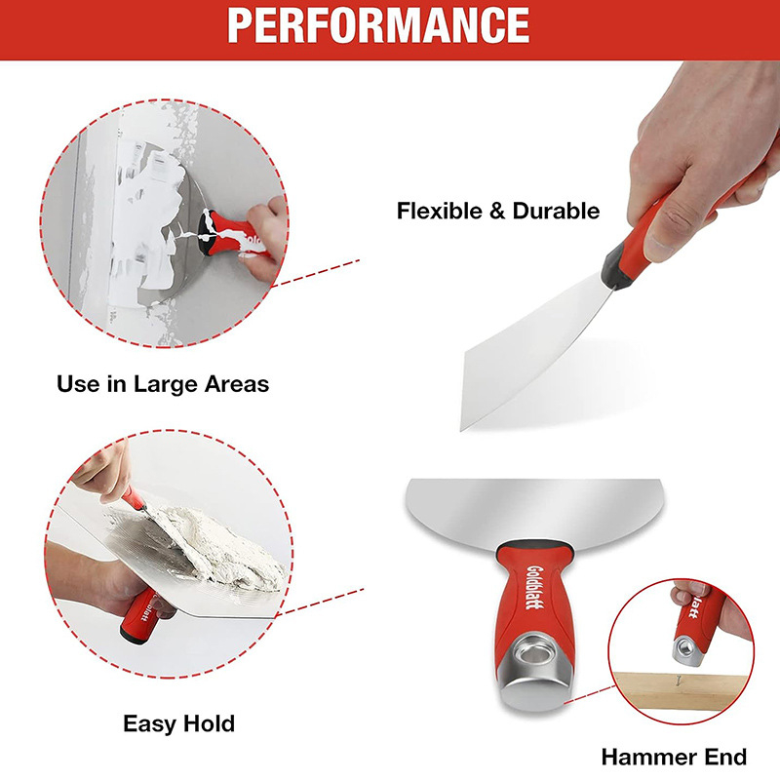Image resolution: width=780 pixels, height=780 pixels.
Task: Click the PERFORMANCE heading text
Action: tap(378, 25)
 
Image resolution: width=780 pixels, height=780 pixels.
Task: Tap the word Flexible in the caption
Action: tap(440, 211)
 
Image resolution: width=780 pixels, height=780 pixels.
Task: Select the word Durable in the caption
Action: tap(556, 211)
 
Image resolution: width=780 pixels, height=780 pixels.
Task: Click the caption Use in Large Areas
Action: tap(163, 384)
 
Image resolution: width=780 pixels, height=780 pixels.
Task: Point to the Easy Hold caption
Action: tap(179, 723)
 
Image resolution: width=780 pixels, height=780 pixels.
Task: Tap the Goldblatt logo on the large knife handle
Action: tap(534, 587)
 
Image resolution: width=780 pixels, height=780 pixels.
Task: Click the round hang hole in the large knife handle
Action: tap(531, 650)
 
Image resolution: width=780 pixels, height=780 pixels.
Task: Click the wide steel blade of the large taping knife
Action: tap(534, 508)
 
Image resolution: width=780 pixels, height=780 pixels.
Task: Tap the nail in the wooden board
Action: tap(678, 680)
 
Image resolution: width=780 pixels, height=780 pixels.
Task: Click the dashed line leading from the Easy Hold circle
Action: tap(320, 602)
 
